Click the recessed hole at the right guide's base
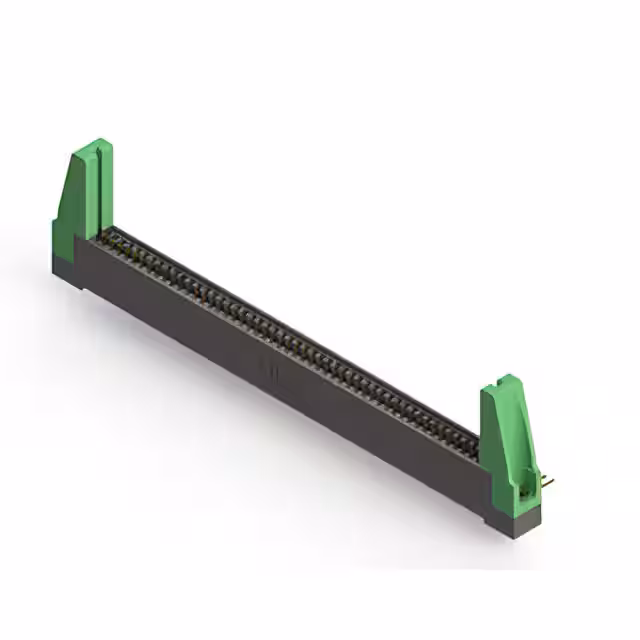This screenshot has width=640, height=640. tap(523, 489)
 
